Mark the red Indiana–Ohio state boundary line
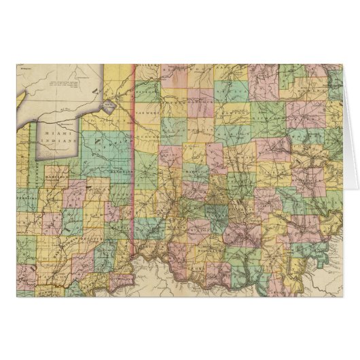[x=130, y=170]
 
